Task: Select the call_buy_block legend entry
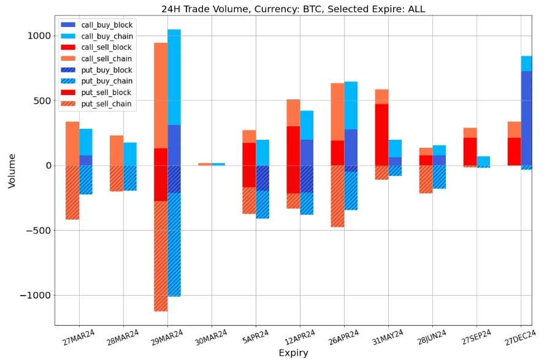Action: click(x=107, y=25)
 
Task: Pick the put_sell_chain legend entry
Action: click(x=106, y=104)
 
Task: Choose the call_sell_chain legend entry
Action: click(x=107, y=59)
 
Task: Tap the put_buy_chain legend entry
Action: click(x=107, y=81)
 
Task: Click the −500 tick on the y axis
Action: click(x=38, y=231)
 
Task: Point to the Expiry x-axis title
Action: click(x=293, y=353)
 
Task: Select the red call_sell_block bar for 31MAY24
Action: click(x=381, y=135)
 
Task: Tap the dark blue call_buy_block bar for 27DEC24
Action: click(x=526, y=117)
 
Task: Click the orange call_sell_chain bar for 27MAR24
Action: click(x=72, y=144)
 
